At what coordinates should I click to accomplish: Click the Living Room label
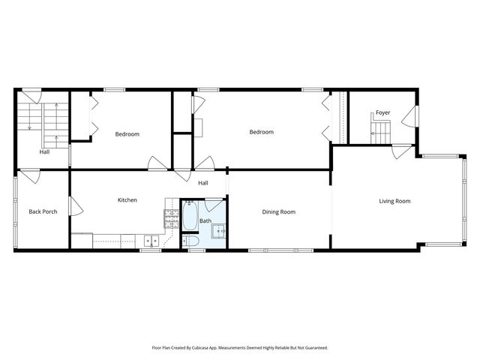(394, 201)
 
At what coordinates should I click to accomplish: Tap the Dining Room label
(278, 212)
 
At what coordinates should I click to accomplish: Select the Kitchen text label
(127, 200)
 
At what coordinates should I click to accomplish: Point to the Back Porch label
(43, 212)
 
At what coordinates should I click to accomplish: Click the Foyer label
(382, 112)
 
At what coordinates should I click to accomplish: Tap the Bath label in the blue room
(205, 221)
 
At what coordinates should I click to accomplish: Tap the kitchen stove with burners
(172, 218)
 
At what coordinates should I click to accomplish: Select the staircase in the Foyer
(380, 132)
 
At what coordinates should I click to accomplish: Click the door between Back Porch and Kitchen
(73, 206)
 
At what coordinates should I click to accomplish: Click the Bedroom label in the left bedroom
(127, 134)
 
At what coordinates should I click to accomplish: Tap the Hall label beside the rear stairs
(45, 152)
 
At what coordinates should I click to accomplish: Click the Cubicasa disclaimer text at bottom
(240, 348)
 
